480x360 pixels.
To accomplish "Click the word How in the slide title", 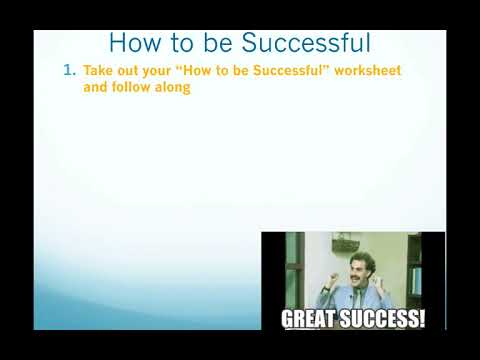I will click(x=131, y=43).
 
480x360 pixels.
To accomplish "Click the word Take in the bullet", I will click(x=98, y=72).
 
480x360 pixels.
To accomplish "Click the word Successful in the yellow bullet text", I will click(x=284, y=72).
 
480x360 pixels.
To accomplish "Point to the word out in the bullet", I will click(x=134, y=72).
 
